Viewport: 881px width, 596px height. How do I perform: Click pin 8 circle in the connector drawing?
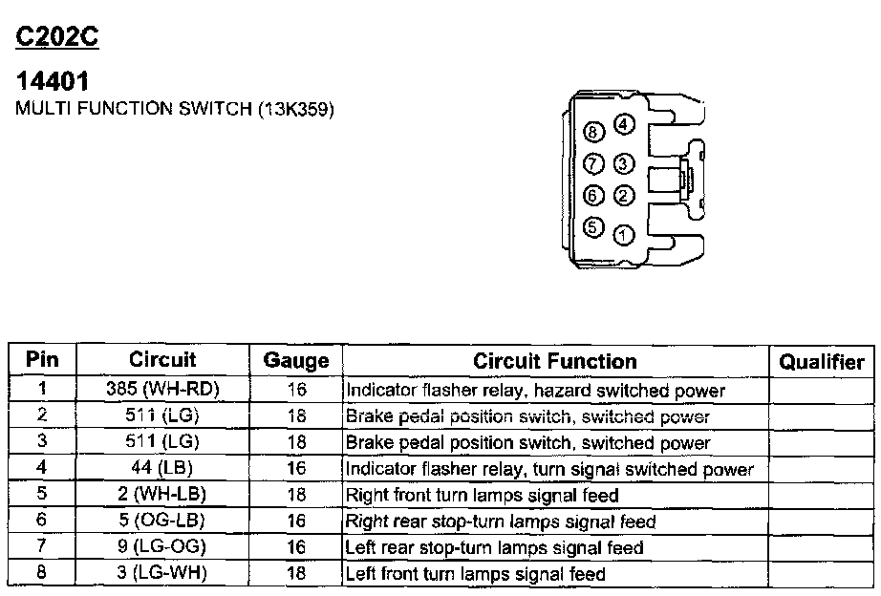[x=593, y=133]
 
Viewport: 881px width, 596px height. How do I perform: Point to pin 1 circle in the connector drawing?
[x=623, y=232]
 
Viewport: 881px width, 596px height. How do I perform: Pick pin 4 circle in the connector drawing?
[x=623, y=124]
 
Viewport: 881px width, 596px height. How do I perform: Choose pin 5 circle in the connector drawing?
[x=593, y=227]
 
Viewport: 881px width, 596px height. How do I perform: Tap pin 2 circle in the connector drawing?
[x=623, y=197]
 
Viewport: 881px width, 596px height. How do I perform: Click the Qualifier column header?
[x=821, y=362]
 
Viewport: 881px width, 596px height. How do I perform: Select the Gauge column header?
[x=296, y=362]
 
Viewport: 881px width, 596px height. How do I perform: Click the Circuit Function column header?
[x=555, y=362]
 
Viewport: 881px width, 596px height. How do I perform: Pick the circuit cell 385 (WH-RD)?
[x=163, y=391]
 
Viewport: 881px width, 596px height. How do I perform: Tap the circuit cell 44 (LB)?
[x=163, y=469]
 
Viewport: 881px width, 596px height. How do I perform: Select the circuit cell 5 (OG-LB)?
[x=163, y=521]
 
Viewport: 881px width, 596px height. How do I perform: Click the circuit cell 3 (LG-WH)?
[x=163, y=574]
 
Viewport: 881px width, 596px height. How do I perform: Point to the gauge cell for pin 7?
[x=296, y=548]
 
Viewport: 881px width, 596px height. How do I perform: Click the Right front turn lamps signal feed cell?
[x=483, y=496]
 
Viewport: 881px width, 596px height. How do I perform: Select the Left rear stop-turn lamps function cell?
[x=494, y=548]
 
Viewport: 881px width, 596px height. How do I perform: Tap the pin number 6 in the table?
[x=42, y=521]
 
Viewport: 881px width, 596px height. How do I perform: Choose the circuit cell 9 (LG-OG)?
[x=163, y=548]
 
